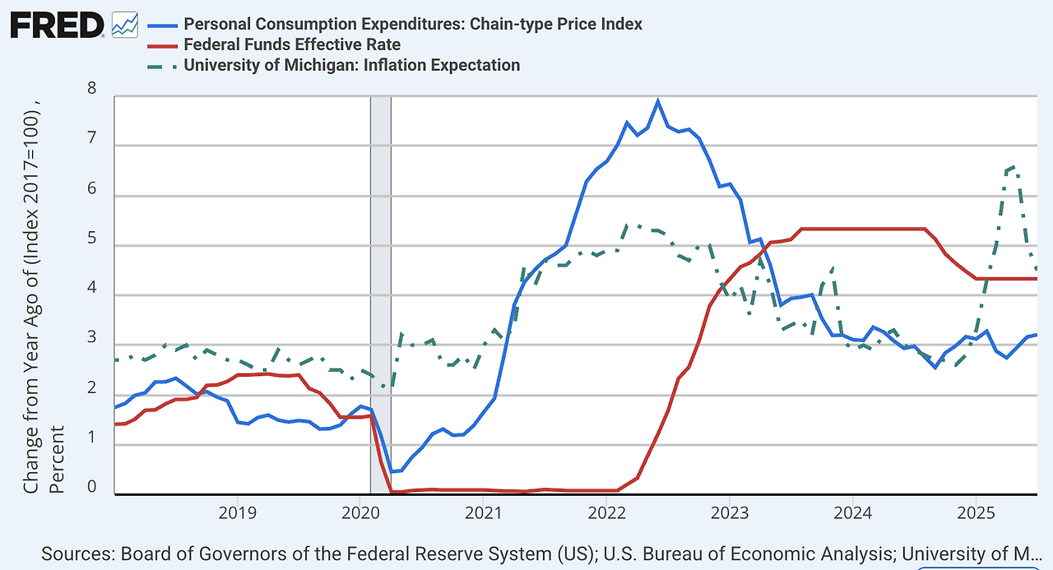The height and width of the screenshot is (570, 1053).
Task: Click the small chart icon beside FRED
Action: [x=125, y=25]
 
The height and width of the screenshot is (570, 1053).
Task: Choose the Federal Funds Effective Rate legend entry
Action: [x=293, y=44]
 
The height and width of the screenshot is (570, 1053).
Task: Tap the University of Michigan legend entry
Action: [x=352, y=65]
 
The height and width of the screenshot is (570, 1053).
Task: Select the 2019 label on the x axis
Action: [x=237, y=512]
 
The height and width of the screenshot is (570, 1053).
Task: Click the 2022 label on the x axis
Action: [x=606, y=512]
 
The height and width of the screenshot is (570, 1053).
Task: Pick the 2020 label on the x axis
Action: [x=360, y=512]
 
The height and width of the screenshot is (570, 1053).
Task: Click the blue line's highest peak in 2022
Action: [x=657, y=101]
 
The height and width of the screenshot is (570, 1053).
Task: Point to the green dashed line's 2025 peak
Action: [x=1011, y=167]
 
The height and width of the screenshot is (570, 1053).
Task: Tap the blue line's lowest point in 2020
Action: [x=392, y=471]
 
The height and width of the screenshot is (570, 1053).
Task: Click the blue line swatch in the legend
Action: [x=161, y=24]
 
